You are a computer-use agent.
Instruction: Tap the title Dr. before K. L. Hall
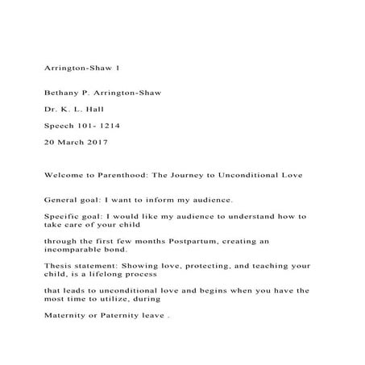point(50,109)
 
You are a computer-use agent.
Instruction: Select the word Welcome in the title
point(64,175)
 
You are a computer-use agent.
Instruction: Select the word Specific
point(63,216)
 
